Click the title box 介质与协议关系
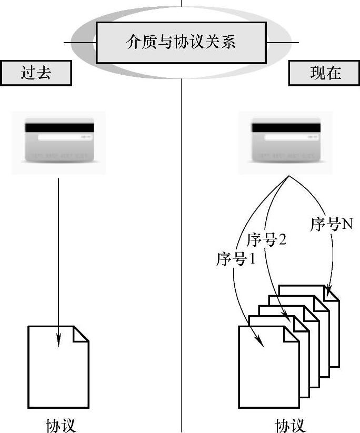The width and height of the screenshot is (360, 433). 181,42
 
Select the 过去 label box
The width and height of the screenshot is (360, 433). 36,73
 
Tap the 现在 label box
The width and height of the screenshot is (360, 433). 323,73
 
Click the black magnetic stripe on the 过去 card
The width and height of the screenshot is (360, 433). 59,127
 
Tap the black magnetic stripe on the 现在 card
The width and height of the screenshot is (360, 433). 286,127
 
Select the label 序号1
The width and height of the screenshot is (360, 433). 235,259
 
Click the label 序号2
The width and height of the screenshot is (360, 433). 267,241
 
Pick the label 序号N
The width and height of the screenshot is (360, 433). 331,225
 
